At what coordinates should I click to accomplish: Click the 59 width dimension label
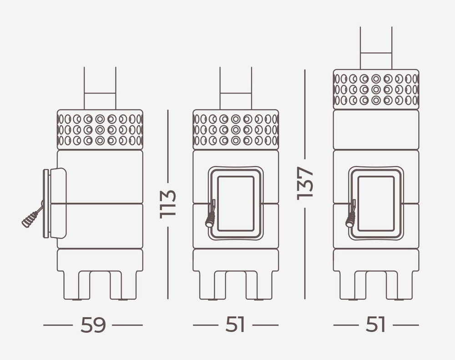[x=93, y=325]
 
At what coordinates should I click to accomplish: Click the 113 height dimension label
[x=168, y=204]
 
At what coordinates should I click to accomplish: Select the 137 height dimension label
[x=305, y=183]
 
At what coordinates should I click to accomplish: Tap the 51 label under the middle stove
[x=235, y=325]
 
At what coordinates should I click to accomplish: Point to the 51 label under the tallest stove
[x=375, y=325]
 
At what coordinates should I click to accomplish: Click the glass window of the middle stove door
[x=236, y=204]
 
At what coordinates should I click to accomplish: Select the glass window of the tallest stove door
[x=376, y=204]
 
